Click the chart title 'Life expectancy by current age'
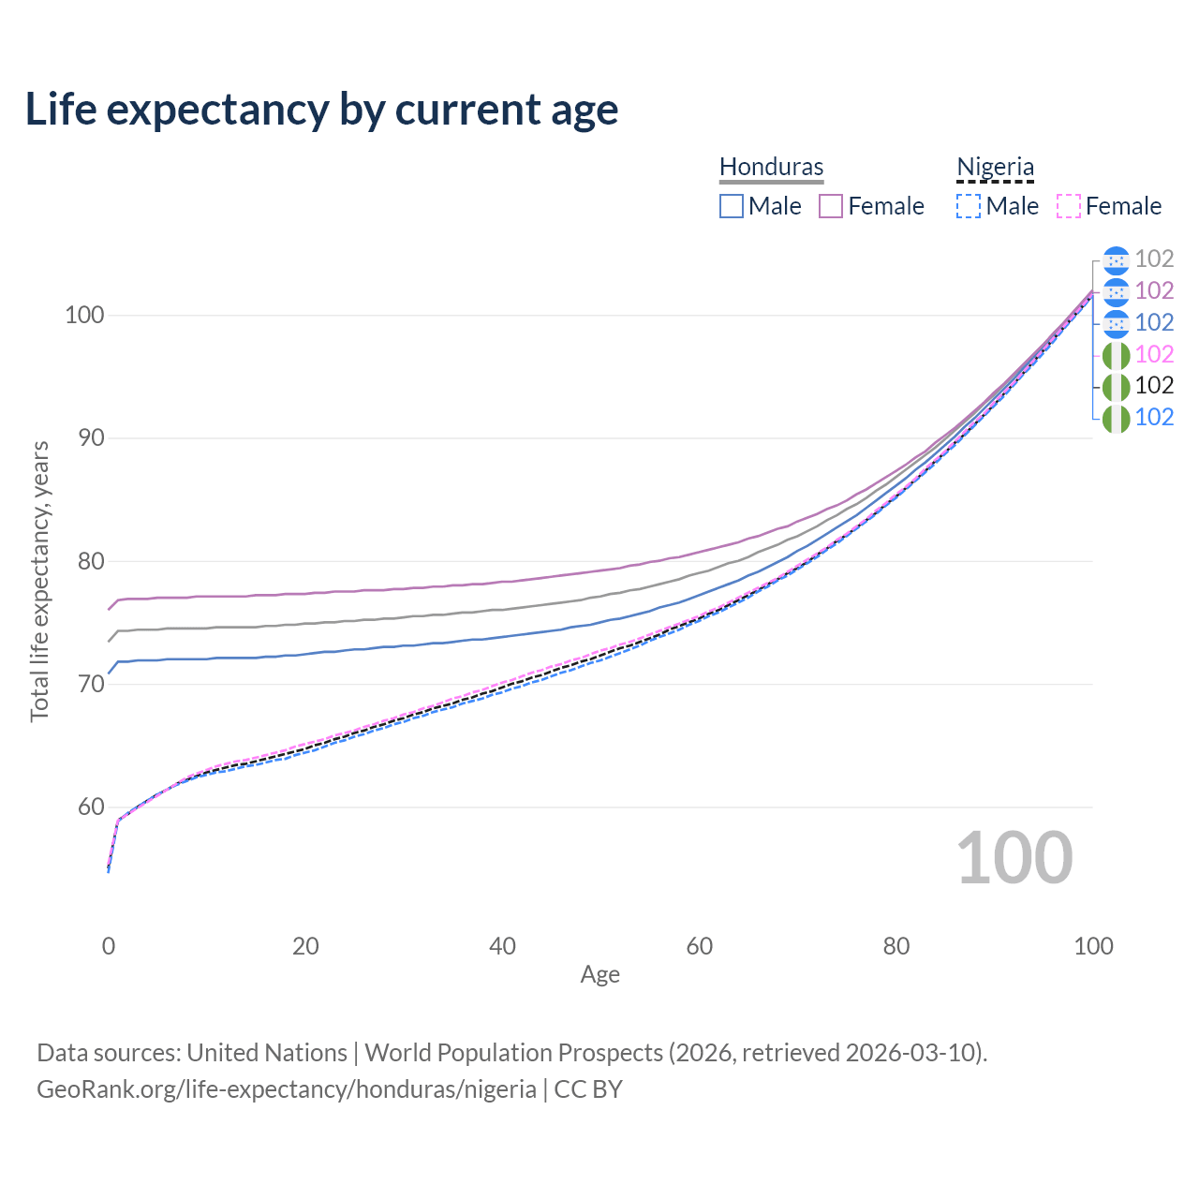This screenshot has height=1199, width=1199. pyautogui.click(x=321, y=110)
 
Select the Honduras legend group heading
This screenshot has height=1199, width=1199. pyautogui.click(x=771, y=167)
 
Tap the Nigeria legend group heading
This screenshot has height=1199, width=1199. pyautogui.click(x=995, y=167)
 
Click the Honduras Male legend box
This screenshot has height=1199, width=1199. pyautogui.click(x=732, y=206)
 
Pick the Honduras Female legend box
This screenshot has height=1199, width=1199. pyautogui.click(x=832, y=206)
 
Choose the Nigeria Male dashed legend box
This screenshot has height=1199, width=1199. pyautogui.click(x=969, y=206)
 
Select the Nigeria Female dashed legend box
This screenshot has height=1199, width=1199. pyautogui.click(x=1069, y=206)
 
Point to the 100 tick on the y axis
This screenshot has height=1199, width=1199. pyautogui.click(x=83, y=315)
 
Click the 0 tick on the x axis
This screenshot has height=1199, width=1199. pyautogui.click(x=109, y=946)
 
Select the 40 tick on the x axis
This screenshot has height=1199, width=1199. pyautogui.click(x=502, y=946)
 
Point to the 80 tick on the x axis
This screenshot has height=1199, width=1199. pyautogui.click(x=896, y=946)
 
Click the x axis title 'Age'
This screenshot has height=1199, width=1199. pyautogui.click(x=599, y=975)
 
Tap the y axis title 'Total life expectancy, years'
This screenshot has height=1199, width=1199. pyautogui.click(x=39, y=581)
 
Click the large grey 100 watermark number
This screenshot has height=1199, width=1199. pyautogui.click(x=1014, y=858)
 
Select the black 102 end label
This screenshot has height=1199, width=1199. pyautogui.click(x=1154, y=385)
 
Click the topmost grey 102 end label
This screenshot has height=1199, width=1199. pyautogui.click(x=1154, y=259)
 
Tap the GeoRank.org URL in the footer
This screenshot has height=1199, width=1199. pyautogui.click(x=286, y=1089)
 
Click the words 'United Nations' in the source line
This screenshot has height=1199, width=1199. pyautogui.click(x=267, y=1053)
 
